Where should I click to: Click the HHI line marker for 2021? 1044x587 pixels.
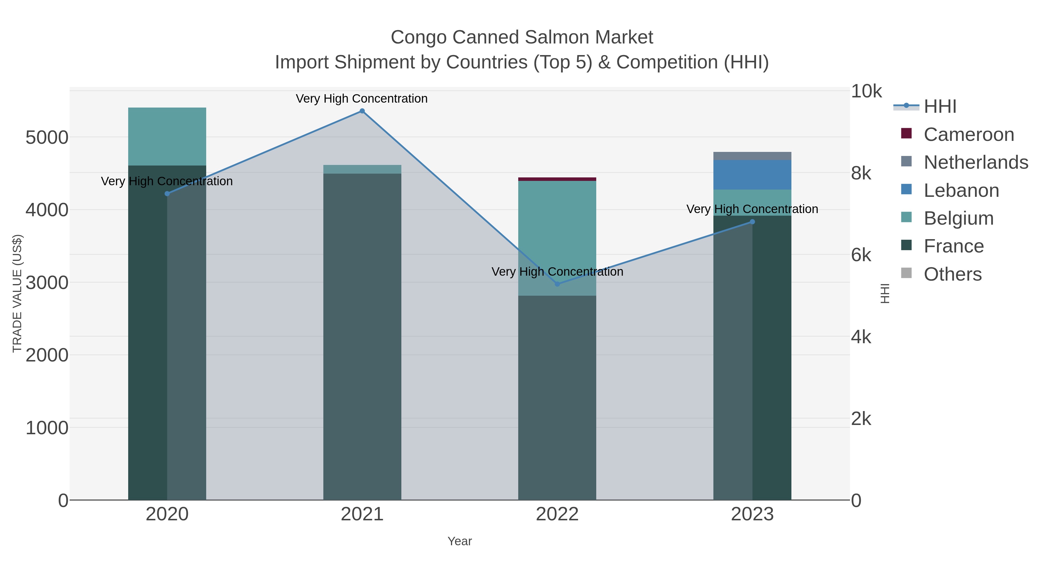click(x=362, y=111)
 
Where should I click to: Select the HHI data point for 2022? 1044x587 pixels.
click(x=557, y=284)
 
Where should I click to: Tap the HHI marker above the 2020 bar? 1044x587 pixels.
click(x=167, y=194)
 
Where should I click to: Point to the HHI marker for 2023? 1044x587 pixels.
click(x=752, y=221)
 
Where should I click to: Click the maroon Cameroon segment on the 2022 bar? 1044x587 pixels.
click(x=557, y=179)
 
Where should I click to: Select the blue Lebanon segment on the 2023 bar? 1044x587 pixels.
click(x=752, y=175)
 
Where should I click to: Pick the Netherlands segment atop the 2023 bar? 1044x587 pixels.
click(x=752, y=156)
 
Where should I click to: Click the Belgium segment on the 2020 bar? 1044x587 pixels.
click(x=167, y=137)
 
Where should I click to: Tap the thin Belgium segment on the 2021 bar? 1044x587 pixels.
click(x=362, y=169)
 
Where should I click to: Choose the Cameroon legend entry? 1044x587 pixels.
click(x=968, y=135)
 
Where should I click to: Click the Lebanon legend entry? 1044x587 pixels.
click(x=961, y=190)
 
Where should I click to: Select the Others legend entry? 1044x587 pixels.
click(x=952, y=274)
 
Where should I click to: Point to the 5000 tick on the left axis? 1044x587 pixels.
click(x=47, y=138)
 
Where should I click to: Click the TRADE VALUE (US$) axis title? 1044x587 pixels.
click(x=17, y=293)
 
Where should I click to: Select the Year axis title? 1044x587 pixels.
click(x=460, y=541)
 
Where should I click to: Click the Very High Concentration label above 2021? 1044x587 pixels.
click(x=362, y=99)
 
